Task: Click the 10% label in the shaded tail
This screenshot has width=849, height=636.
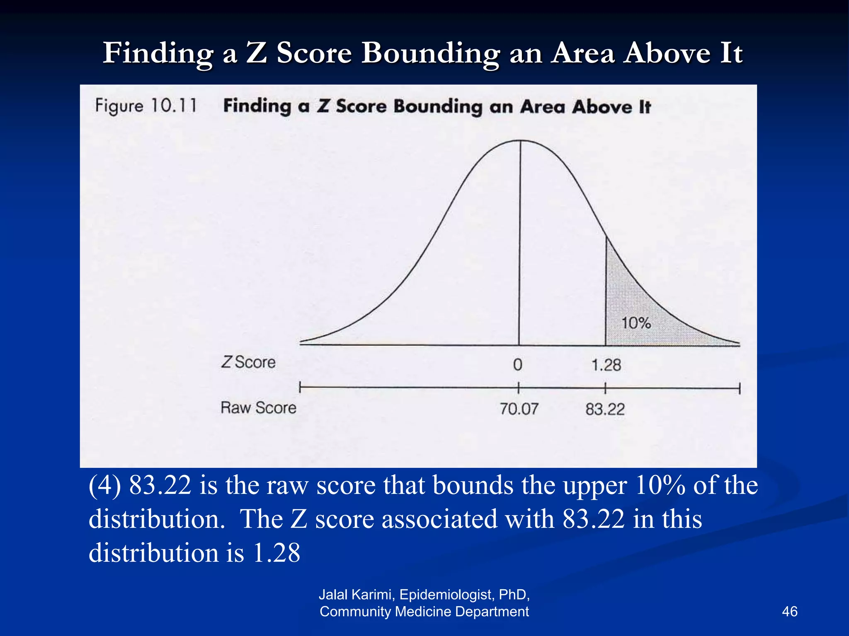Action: pyautogui.click(x=636, y=323)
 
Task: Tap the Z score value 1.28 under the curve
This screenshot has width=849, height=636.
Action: pyautogui.click(x=606, y=365)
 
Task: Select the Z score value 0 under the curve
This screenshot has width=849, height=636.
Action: pyautogui.click(x=518, y=365)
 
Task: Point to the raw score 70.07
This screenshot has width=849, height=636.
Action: pyautogui.click(x=519, y=409)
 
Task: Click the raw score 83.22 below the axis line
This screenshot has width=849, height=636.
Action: pyautogui.click(x=605, y=410)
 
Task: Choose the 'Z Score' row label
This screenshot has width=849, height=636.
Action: pyautogui.click(x=248, y=362)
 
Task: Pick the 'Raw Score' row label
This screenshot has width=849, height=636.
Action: pyautogui.click(x=258, y=408)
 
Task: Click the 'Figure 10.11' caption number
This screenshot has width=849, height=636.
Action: pyautogui.click(x=146, y=106)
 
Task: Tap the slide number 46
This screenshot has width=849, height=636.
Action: pyautogui.click(x=789, y=611)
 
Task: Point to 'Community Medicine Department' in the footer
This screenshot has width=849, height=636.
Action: pyautogui.click(x=424, y=612)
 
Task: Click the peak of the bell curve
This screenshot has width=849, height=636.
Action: pyautogui.click(x=521, y=141)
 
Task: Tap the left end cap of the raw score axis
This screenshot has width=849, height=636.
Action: pyautogui.click(x=300, y=388)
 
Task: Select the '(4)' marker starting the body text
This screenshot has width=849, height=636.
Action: pyautogui.click(x=104, y=485)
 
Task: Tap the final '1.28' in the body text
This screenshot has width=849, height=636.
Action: pyautogui.click(x=277, y=553)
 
